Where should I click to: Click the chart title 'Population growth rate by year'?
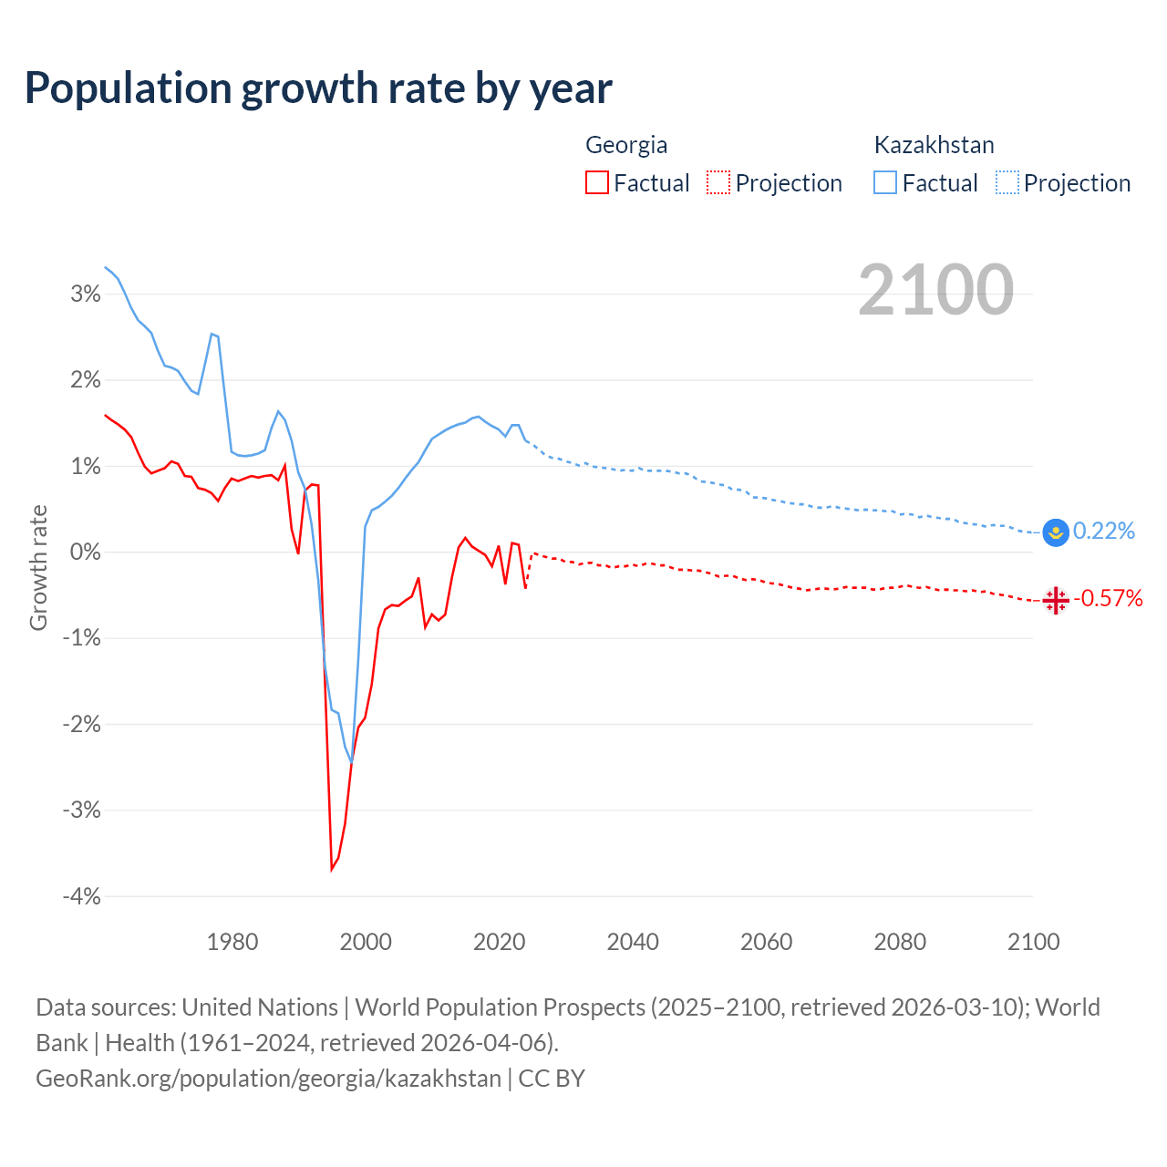click(318, 88)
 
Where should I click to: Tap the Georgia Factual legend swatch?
click(597, 182)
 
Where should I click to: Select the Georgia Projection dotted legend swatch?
click(718, 182)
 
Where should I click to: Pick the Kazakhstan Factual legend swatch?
click(885, 182)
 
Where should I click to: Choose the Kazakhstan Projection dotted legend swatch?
click(1007, 182)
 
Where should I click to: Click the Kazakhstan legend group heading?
click(934, 145)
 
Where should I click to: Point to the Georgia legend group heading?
click(626, 145)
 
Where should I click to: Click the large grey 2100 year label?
click(935, 290)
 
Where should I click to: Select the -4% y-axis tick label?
click(82, 896)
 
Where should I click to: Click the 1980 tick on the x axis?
click(232, 942)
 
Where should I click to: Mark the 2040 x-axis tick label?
click(633, 942)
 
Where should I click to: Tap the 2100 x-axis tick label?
click(1033, 942)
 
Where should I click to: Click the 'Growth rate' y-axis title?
click(38, 567)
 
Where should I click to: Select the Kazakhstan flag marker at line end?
click(1056, 532)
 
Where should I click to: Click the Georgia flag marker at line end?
click(1056, 600)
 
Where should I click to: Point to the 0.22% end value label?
click(1104, 531)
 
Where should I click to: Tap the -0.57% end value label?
click(1108, 598)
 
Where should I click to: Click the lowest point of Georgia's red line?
click(332, 870)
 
